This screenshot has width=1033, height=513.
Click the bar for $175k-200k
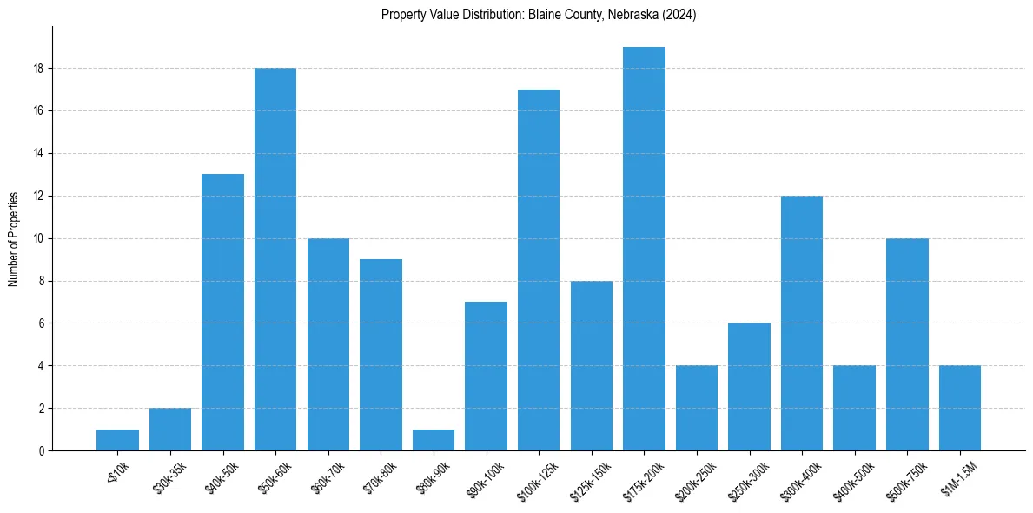pos(644,249)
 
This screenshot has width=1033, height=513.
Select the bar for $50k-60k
pos(275,259)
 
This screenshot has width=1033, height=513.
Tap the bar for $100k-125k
pos(539,270)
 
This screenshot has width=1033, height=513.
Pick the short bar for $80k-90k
pos(434,440)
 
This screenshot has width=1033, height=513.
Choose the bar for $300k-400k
pos(802,323)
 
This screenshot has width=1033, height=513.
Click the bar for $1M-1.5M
pos(960,408)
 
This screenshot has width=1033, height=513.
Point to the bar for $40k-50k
pos(222,312)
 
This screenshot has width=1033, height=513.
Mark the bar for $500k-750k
pos(907,344)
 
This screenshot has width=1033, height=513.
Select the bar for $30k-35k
pos(170,429)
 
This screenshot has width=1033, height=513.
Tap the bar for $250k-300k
pos(749,387)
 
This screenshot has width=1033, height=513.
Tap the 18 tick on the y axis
pos(39,69)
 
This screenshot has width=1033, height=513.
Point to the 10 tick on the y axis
pos(39,238)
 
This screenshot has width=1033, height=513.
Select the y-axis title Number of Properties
pos(13,238)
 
